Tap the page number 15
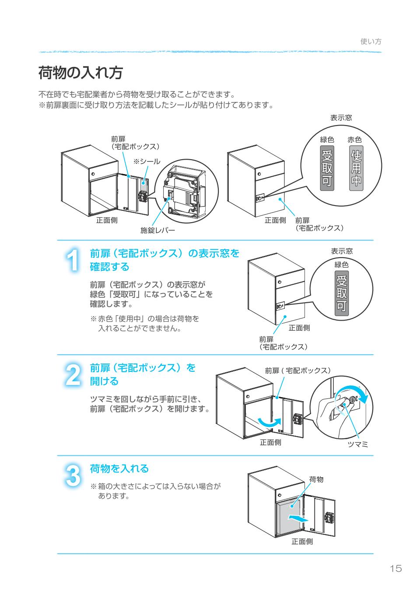click(x=395, y=569)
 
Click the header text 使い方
click(x=371, y=42)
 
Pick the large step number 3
click(x=73, y=475)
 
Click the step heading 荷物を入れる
click(x=119, y=468)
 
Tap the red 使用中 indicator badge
click(x=357, y=168)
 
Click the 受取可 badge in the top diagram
click(x=327, y=168)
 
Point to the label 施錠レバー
click(x=157, y=230)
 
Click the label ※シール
click(x=147, y=161)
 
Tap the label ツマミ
click(x=357, y=444)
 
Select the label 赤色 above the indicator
click(x=354, y=140)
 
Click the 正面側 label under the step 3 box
click(x=302, y=542)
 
